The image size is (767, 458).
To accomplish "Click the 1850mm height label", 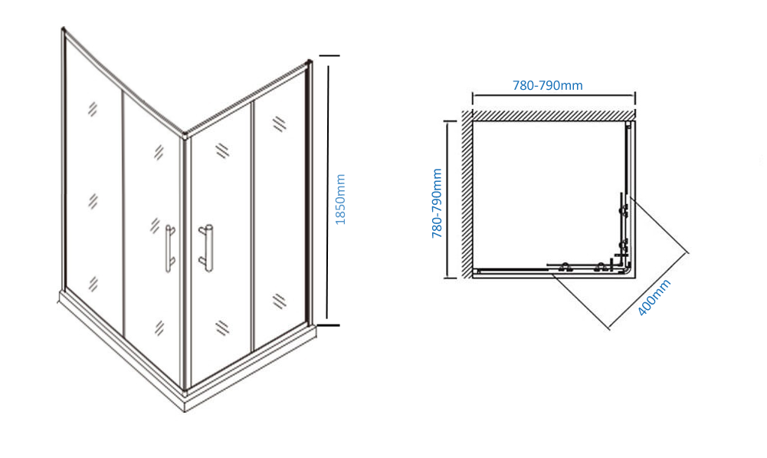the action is (x=340, y=199).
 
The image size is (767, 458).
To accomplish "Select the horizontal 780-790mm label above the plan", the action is (x=547, y=85).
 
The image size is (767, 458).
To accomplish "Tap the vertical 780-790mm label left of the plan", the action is (x=437, y=203).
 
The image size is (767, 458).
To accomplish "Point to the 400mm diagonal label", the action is (x=654, y=298).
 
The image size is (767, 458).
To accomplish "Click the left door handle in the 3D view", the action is (x=169, y=249).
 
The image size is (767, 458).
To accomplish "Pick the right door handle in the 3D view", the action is (x=206, y=249).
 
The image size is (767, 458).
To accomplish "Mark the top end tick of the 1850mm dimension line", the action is (x=329, y=56).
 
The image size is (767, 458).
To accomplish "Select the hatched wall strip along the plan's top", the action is (x=553, y=115).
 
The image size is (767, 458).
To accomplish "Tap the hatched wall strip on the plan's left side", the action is (x=467, y=193).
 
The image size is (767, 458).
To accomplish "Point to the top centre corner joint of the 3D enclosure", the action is (x=185, y=134).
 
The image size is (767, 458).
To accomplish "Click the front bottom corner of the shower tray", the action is (x=185, y=410).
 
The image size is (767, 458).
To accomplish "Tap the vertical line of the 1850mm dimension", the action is (x=328, y=190).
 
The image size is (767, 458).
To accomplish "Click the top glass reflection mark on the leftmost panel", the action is (x=93, y=109).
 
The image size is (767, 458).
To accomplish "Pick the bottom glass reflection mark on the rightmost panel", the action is (x=279, y=301).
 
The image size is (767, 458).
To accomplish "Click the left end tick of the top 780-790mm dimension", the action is (x=473, y=98).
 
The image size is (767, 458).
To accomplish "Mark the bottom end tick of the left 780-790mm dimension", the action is (x=450, y=278).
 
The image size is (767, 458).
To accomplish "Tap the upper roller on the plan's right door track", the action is (x=624, y=211).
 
